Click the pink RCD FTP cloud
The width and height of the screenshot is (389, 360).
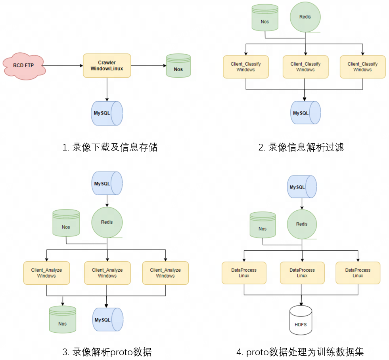click(x=24, y=66)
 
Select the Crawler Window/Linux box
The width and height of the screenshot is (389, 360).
click(x=107, y=65)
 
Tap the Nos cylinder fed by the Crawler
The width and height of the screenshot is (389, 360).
click(x=178, y=66)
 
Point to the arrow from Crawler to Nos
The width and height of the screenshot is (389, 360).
click(x=148, y=66)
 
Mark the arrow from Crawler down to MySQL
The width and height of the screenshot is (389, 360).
click(x=107, y=89)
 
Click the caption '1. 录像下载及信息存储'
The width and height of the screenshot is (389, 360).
click(x=110, y=147)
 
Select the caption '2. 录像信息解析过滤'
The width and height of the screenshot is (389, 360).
click(x=301, y=147)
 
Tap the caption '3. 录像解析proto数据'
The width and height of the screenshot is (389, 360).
click(x=107, y=352)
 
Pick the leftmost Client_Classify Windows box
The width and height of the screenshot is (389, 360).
click(x=246, y=67)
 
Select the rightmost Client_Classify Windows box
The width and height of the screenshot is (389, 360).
click(x=362, y=67)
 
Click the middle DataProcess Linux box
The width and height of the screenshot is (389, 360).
click(x=302, y=273)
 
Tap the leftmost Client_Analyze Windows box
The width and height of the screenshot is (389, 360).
click(x=46, y=273)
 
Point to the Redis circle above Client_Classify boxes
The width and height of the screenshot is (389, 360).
click(x=305, y=17)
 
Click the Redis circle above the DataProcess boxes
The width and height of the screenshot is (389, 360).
click(x=302, y=224)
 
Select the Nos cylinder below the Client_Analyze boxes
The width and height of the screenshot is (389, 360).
click(x=62, y=319)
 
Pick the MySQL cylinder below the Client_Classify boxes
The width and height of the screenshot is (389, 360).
click(x=305, y=113)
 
